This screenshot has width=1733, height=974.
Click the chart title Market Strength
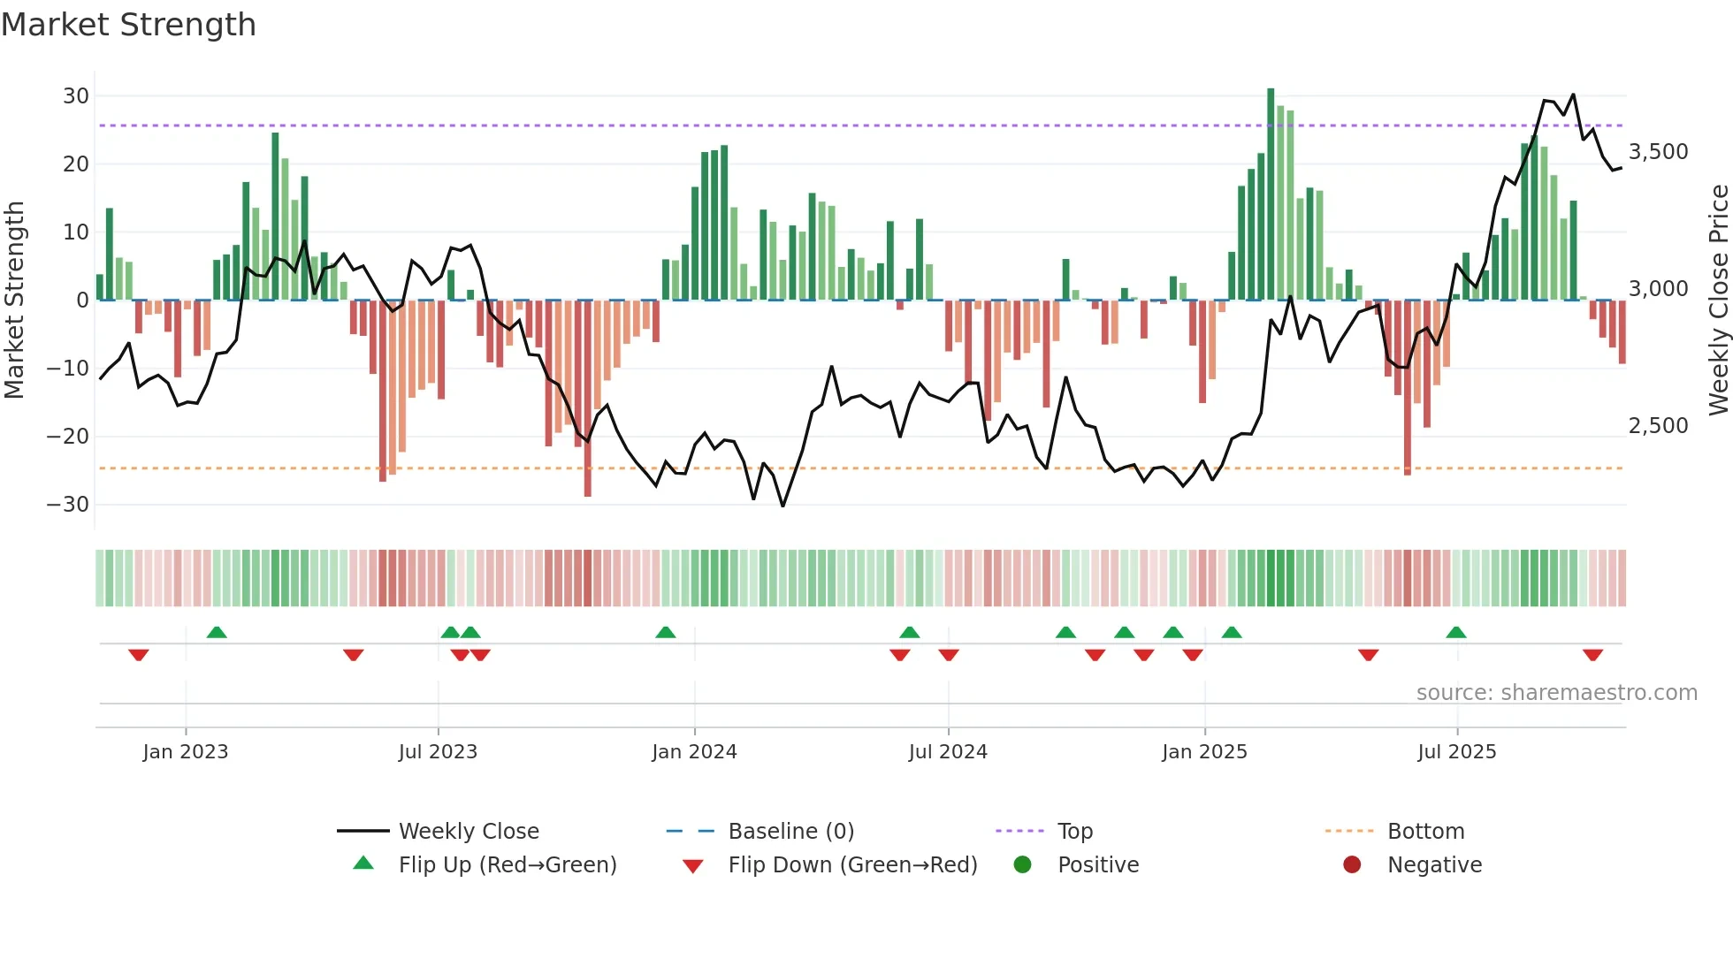[x=128, y=25]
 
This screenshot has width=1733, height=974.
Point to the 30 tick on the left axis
[x=76, y=95]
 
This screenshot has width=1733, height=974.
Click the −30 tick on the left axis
[x=68, y=505]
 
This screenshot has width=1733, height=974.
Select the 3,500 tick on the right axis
[x=1659, y=152]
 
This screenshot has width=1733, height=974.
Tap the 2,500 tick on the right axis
[x=1659, y=426]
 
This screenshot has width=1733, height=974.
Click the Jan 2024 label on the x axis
[x=694, y=752]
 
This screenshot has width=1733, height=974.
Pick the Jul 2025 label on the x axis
[x=1456, y=752]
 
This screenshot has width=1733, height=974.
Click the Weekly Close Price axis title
[x=1718, y=300]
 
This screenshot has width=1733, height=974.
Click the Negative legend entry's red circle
[x=1352, y=865]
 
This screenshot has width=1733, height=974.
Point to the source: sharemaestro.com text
[x=1556, y=693]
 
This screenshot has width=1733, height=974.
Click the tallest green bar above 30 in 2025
[x=1271, y=194]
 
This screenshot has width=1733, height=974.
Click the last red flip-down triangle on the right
[x=1593, y=655]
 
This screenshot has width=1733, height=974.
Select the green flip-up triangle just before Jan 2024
[x=666, y=632]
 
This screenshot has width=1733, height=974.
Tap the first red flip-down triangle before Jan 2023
[x=139, y=655]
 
